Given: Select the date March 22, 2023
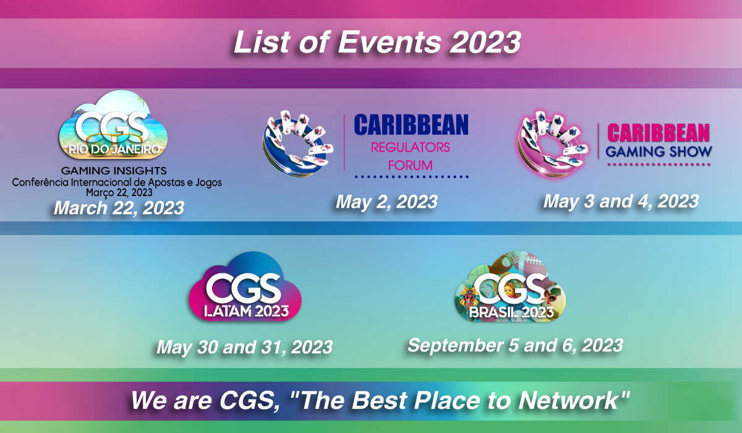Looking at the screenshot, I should pyautogui.click(x=119, y=207).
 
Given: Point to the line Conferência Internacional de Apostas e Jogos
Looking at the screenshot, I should pyautogui.click(x=117, y=182).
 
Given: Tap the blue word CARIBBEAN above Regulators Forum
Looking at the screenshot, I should pyautogui.click(x=411, y=125).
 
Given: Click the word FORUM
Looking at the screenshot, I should pyautogui.click(x=410, y=165).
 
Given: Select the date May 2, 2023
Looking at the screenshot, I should pyautogui.click(x=386, y=202).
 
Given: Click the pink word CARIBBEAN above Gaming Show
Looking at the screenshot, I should pyautogui.click(x=659, y=132).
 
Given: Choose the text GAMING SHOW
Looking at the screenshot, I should pyautogui.click(x=659, y=152).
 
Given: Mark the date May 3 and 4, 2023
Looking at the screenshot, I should pyautogui.click(x=621, y=201).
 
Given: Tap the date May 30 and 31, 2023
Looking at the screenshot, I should pyautogui.click(x=244, y=346).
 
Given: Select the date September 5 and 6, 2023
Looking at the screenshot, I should pyautogui.click(x=514, y=345).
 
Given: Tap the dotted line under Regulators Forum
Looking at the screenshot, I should pyautogui.click(x=411, y=177).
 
